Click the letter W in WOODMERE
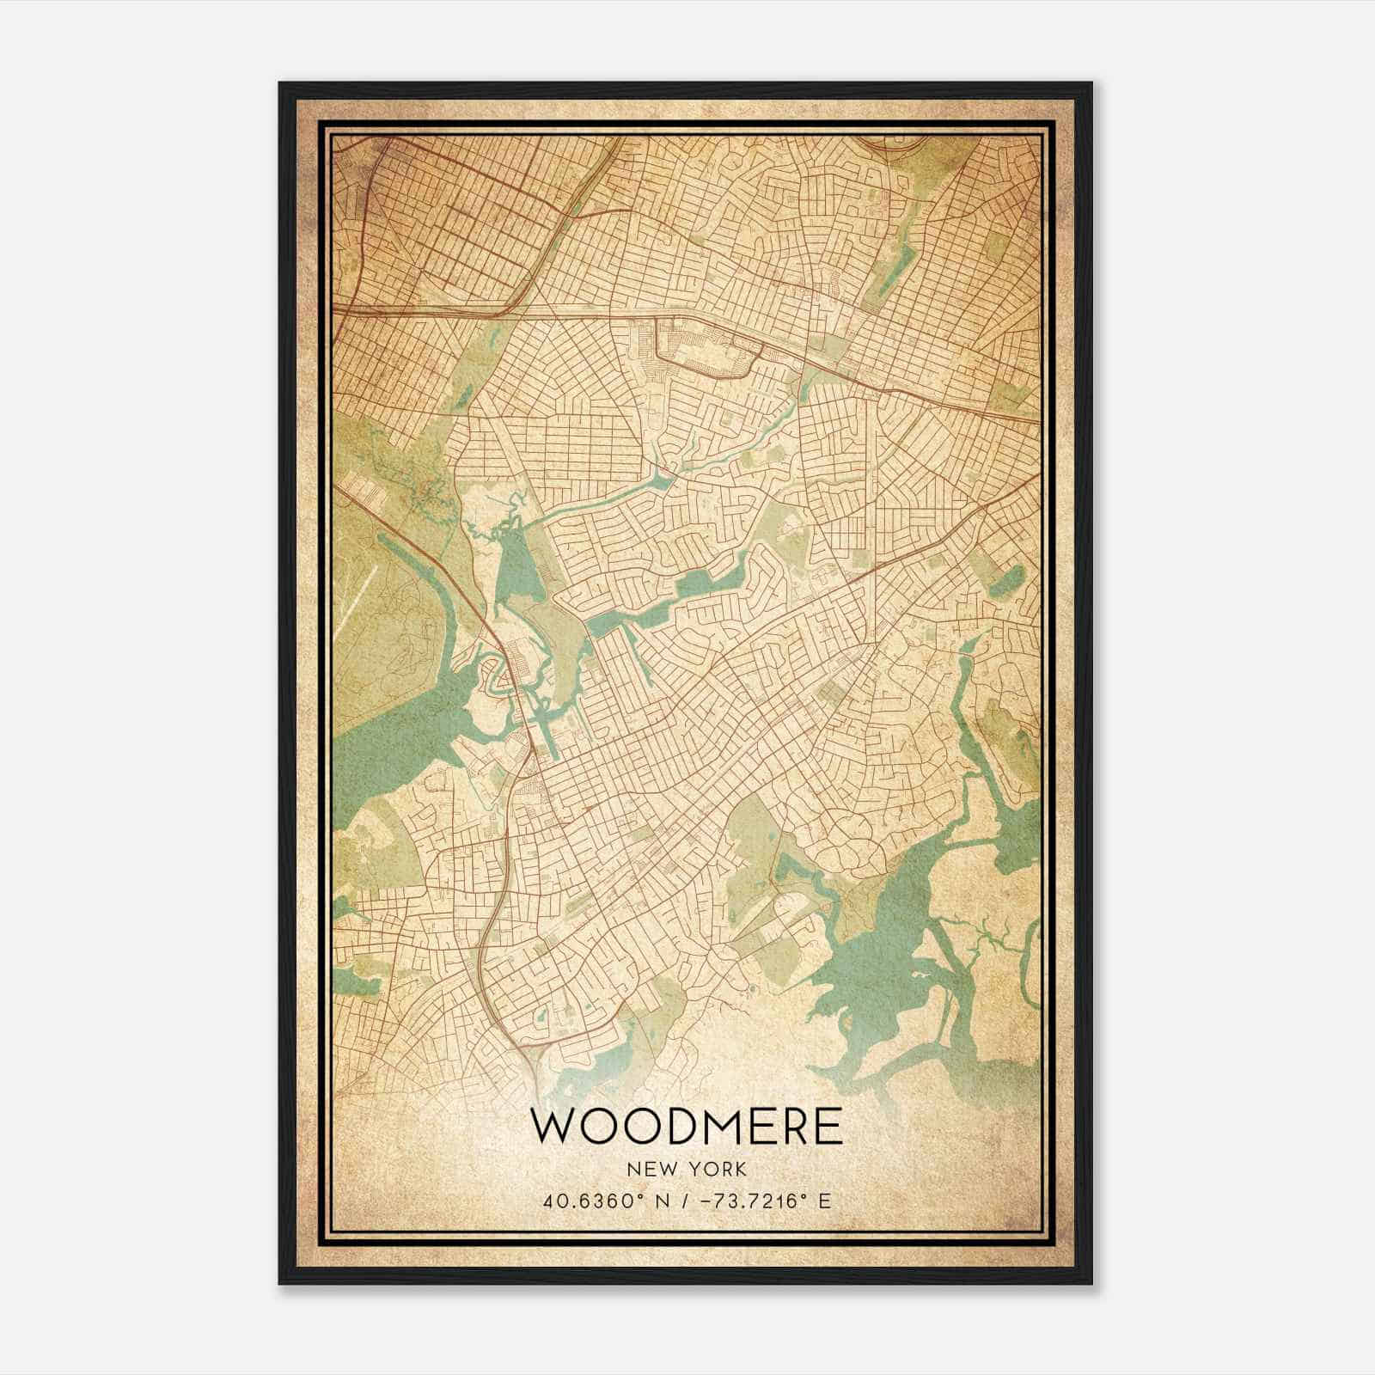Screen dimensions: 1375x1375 (555, 1127)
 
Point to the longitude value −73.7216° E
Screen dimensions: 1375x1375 (766, 1201)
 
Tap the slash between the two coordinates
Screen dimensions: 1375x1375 (685, 1201)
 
